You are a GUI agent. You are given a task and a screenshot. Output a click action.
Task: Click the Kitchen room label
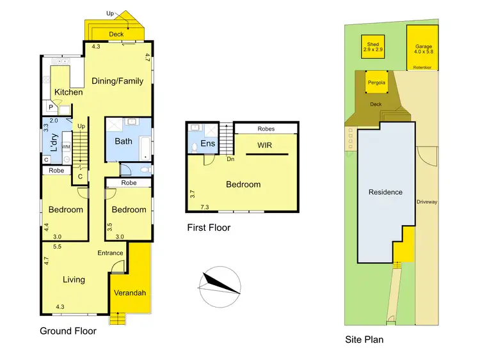pos(68,92)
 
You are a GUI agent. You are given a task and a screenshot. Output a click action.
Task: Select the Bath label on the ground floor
pos(124,141)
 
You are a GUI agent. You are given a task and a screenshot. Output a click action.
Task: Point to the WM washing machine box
pos(66,147)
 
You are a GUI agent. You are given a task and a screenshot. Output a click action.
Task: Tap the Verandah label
pos(130,293)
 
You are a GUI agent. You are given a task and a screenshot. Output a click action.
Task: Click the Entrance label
pos(110,253)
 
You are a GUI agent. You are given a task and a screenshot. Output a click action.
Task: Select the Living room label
pos(74,279)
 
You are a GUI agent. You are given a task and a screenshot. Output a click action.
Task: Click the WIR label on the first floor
pos(265,146)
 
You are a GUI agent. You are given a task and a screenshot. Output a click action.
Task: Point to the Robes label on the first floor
pos(266,129)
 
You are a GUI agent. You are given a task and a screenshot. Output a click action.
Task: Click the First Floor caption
pos(209,228)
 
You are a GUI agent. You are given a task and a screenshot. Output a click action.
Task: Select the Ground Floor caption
pos(68,331)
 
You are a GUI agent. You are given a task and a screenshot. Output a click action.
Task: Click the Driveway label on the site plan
pos(427,202)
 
